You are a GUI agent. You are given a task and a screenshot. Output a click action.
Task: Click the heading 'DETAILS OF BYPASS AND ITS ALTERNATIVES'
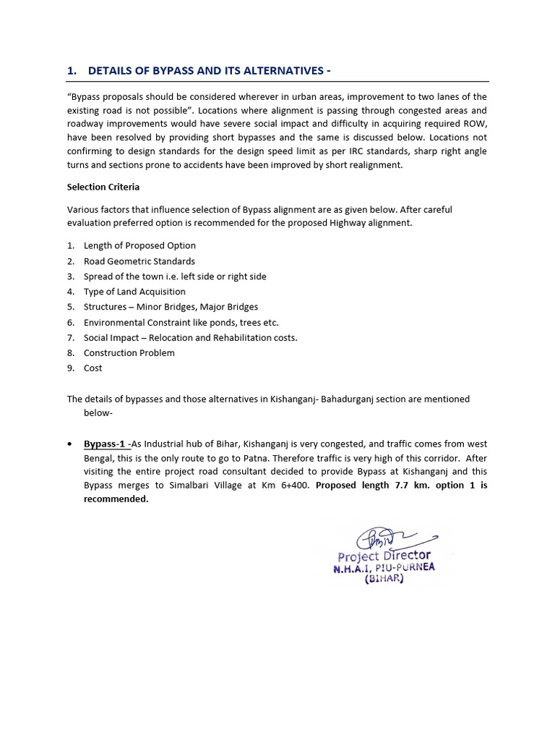(x=209, y=71)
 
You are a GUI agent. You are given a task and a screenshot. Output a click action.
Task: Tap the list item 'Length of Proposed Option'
(x=139, y=246)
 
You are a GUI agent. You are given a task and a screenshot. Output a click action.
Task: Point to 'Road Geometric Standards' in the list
(x=139, y=261)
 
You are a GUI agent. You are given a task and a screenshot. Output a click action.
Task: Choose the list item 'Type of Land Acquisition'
(x=134, y=292)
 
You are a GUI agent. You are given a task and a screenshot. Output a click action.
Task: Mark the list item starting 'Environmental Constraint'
(x=181, y=323)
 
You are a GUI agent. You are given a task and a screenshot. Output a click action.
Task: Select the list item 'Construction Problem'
(x=129, y=353)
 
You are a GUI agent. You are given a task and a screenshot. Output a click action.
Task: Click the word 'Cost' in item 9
(x=92, y=368)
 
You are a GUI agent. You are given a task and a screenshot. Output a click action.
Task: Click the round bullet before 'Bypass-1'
(x=69, y=444)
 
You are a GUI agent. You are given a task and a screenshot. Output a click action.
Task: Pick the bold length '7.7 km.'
(x=406, y=485)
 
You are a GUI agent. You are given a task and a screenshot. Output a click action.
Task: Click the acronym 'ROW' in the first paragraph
(x=474, y=124)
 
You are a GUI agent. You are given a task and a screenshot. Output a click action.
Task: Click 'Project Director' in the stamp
(x=384, y=556)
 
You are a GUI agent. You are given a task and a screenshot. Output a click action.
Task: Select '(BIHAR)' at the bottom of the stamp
(x=384, y=580)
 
